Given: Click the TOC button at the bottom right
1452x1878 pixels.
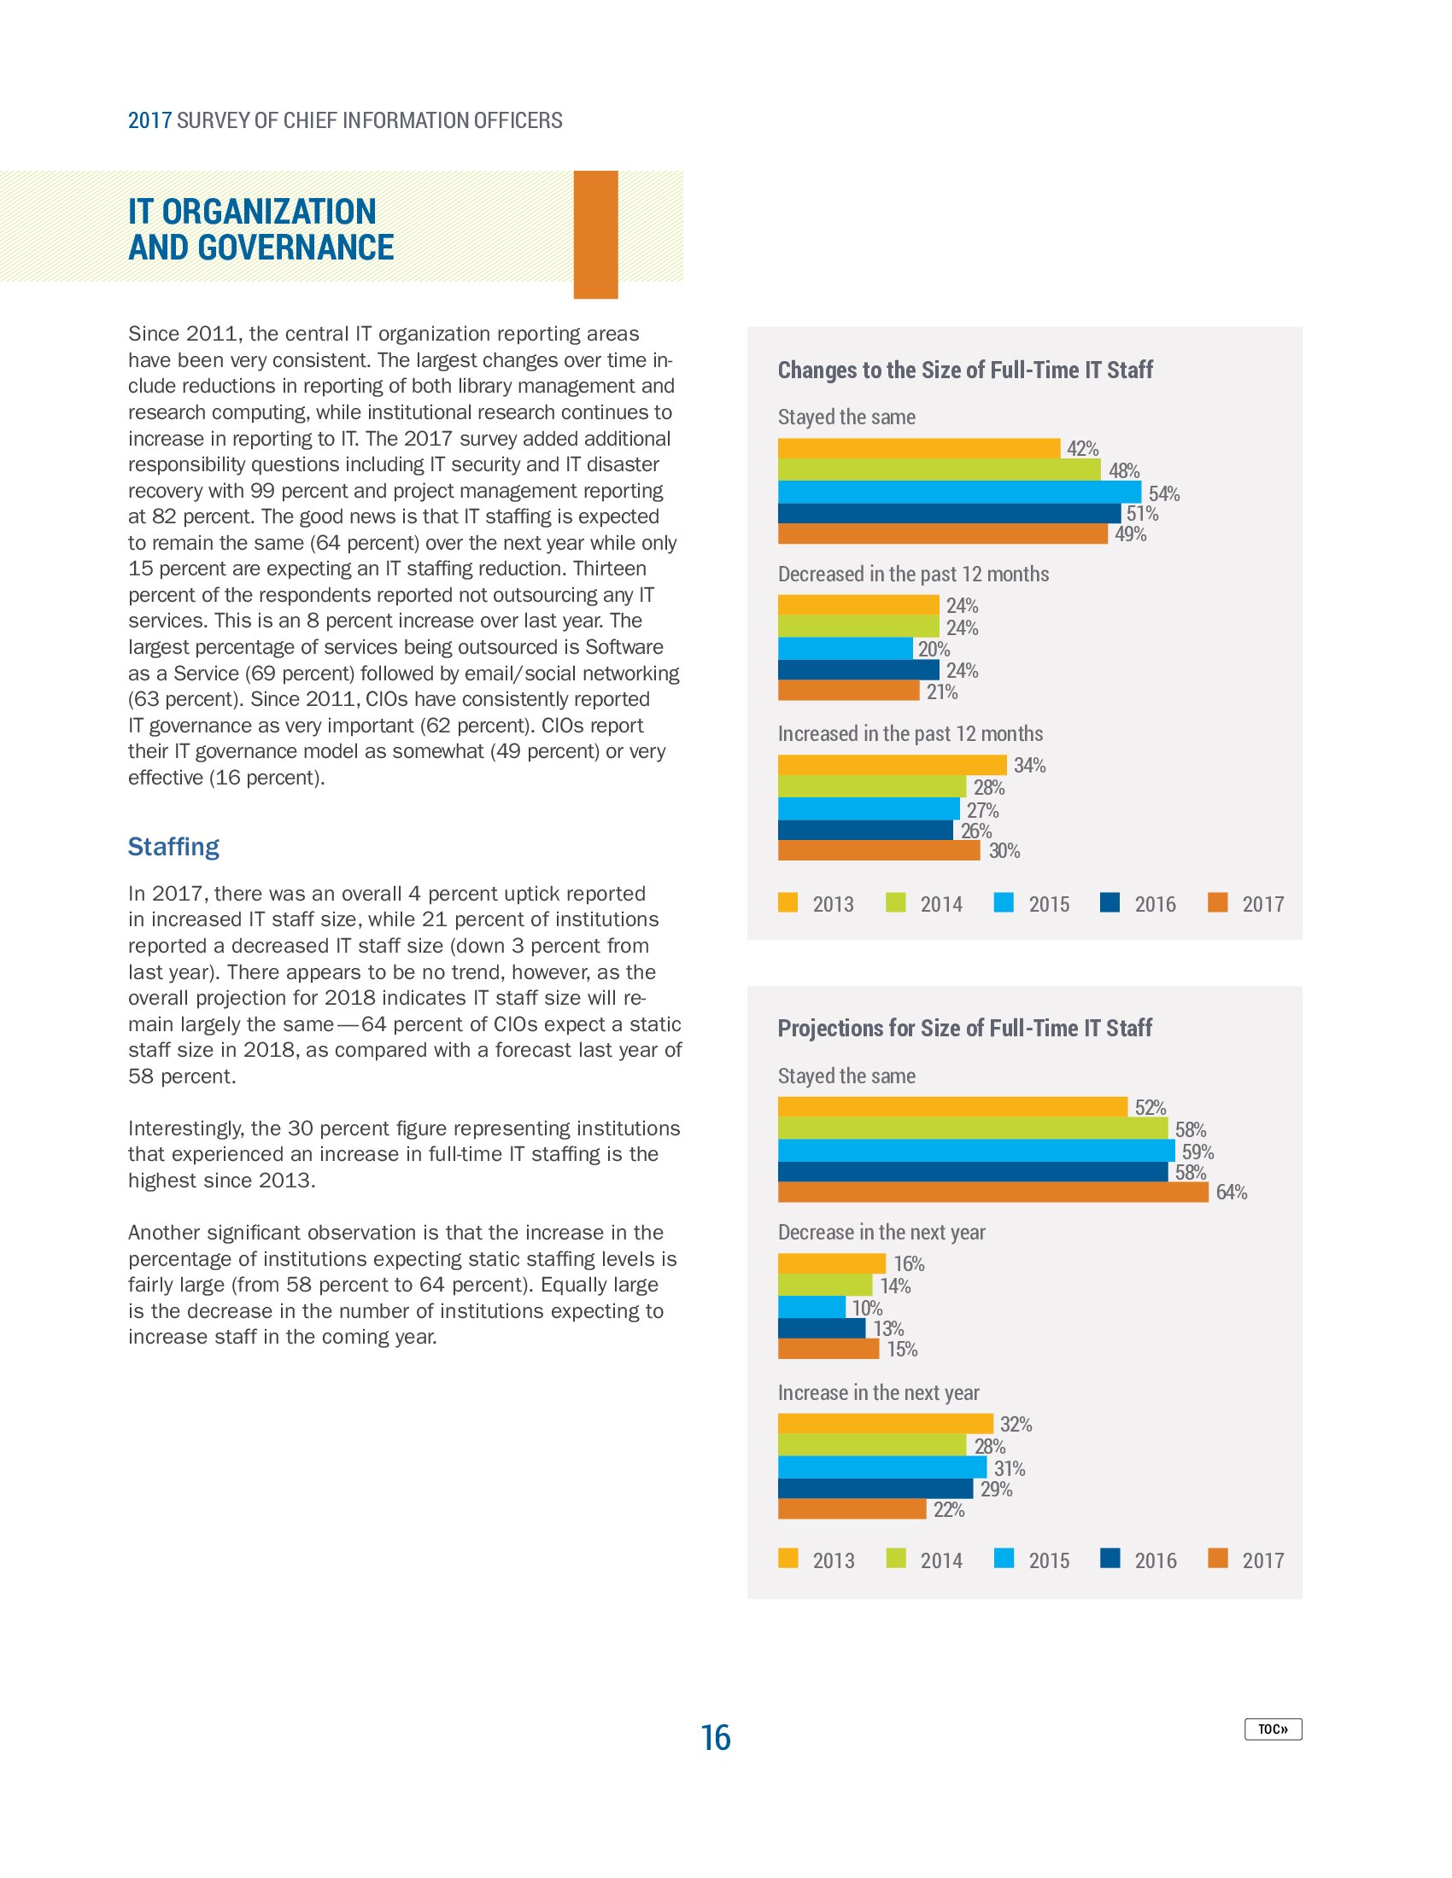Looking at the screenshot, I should (x=1273, y=1729).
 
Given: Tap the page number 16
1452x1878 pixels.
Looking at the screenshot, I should (x=715, y=1738).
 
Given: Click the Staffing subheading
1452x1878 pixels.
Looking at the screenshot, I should (x=173, y=847).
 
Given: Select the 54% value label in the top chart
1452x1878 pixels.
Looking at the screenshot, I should (x=1164, y=493).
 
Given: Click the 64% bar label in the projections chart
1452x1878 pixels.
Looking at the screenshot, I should (x=1231, y=1192).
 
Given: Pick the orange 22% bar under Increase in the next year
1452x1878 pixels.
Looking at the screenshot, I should (x=852, y=1509).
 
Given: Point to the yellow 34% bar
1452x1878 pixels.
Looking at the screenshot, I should (x=891, y=766).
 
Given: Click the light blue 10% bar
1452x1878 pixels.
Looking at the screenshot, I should (x=811, y=1307).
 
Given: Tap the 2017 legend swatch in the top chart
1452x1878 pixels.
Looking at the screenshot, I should (x=1217, y=903).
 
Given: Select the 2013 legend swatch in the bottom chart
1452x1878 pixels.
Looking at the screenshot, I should (x=787, y=1558).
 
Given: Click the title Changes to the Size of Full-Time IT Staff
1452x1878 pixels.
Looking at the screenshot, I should (x=964, y=370).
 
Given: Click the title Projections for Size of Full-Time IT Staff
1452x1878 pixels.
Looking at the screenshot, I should (x=964, y=1029).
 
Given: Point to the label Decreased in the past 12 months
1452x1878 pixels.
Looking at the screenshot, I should (x=913, y=574).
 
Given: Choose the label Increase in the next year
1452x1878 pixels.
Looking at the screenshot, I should (x=878, y=1393).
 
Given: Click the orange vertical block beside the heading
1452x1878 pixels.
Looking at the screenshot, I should (x=595, y=234).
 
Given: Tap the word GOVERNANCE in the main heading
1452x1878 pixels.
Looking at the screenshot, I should (x=295, y=248).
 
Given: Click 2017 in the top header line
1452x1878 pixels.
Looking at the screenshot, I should (x=149, y=120).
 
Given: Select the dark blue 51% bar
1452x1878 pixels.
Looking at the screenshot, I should (x=949, y=513).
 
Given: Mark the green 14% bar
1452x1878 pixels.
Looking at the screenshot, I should (x=825, y=1286).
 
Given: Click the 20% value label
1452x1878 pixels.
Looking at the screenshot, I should (x=934, y=650).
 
